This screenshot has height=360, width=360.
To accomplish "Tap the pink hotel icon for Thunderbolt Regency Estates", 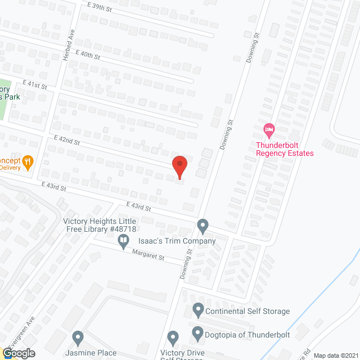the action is (x=269, y=131).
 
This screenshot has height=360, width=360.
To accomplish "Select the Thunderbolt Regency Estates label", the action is (x=285, y=149).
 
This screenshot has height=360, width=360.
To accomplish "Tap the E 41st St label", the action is (x=34, y=85).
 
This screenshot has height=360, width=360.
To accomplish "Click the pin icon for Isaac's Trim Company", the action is (x=203, y=227).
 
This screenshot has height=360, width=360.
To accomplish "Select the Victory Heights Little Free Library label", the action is (x=101, y=226).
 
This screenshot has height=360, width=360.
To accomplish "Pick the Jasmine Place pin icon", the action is (x=78, y=338).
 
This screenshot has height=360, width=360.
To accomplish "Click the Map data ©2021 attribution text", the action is (x=335, y=355).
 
